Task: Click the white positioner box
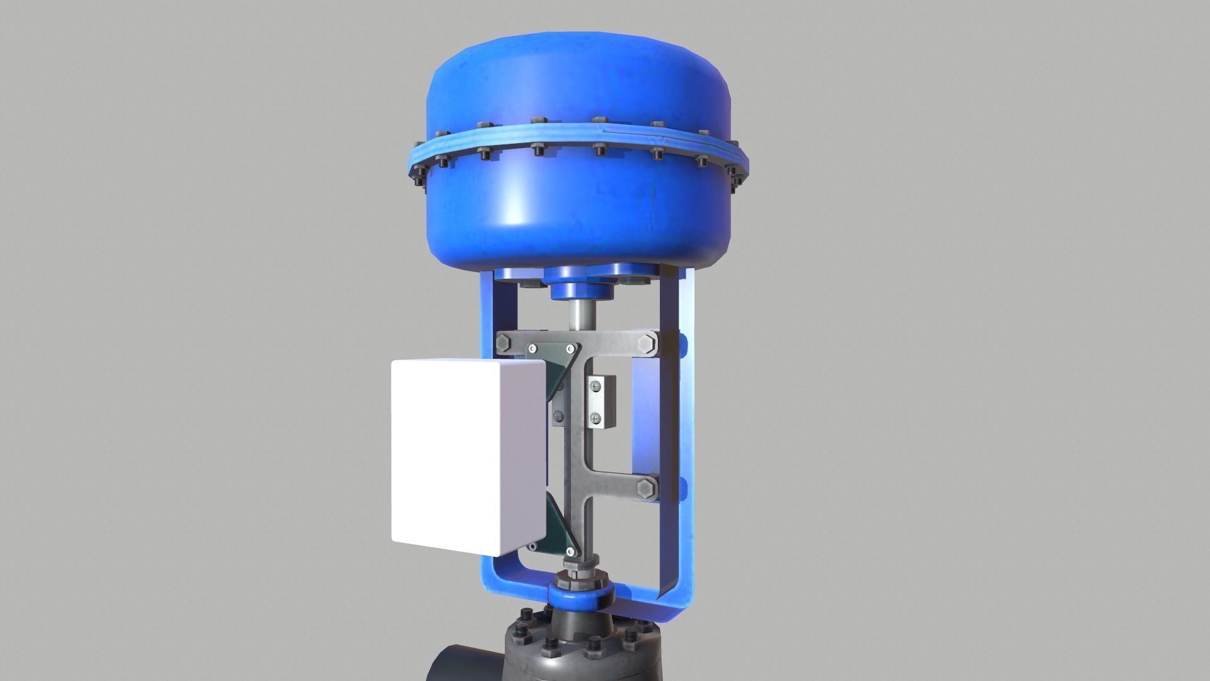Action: click(x=466, y=457)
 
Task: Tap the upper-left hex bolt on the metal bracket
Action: click(x=504, y=344)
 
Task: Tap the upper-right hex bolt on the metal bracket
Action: click(x=647, y=345)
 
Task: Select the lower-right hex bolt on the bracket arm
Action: click(x=647, y=489)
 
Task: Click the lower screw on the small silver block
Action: click(x=596, y=416)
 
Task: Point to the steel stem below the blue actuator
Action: click(x=578, y=315)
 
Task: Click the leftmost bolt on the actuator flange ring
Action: click(x=417, y=172)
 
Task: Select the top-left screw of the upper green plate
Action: click(x=533, y=349)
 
